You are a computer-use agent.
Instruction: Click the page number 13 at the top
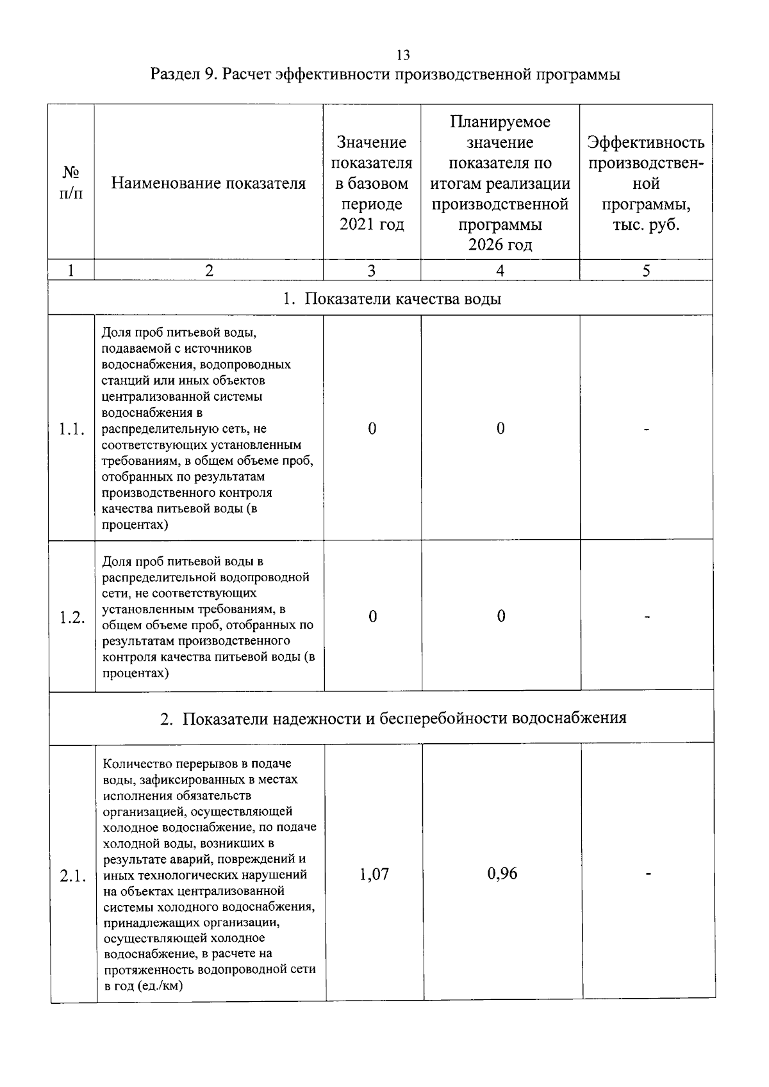click(x=403, y=54)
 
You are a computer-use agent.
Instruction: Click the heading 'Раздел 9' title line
click(x=385, y=75)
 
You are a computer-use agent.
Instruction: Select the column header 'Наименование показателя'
click(x=208, y=184)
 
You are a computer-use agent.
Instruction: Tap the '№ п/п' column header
click(x=71, y=183)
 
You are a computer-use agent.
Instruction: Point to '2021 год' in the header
click(x=372, y=225)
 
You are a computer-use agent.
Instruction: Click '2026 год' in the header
click(x=500, y=245)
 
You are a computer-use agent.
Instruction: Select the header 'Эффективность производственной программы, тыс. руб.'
click(x=646, y=184)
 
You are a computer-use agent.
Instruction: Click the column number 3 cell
click(x=372, y=271)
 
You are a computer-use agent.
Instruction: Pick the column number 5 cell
click(x=646, y=271)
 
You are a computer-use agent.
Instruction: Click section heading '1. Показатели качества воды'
click(x=392, y=299)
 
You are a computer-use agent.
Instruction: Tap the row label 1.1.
click(x=72, y=429)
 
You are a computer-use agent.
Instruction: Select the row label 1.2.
click(x=72, y=618)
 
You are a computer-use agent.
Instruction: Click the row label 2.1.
click(x=72, y=876)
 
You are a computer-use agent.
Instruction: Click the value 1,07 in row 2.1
click(x=374, y=874)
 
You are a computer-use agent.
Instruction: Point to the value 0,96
click(x=502, y=874)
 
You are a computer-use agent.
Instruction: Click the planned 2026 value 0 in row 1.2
click(x=501, y=616)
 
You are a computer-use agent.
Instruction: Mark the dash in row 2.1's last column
click(x=649, y=874)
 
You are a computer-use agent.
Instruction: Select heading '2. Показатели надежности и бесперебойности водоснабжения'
click(x=393, y=718)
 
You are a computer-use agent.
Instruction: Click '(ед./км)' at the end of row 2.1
click(x=160, y=985)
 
